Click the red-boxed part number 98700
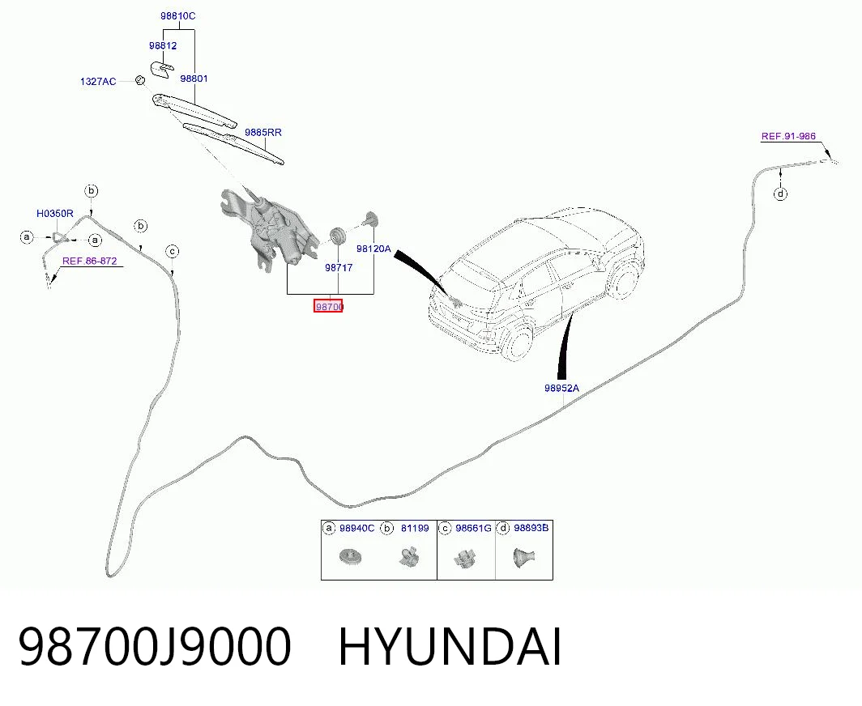328,306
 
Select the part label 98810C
177,16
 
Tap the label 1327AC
98,81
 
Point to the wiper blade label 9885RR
263,133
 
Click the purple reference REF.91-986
788,136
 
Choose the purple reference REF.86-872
90,261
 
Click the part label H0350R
55,213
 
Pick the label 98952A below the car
561,388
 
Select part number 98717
339,267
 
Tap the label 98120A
373,249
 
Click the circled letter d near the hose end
781,194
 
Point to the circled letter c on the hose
173,252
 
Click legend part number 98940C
356,528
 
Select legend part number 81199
415,528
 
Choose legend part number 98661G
473,528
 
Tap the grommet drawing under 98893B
523,557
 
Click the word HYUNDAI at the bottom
450,647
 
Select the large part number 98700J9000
155,647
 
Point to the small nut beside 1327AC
140,80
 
